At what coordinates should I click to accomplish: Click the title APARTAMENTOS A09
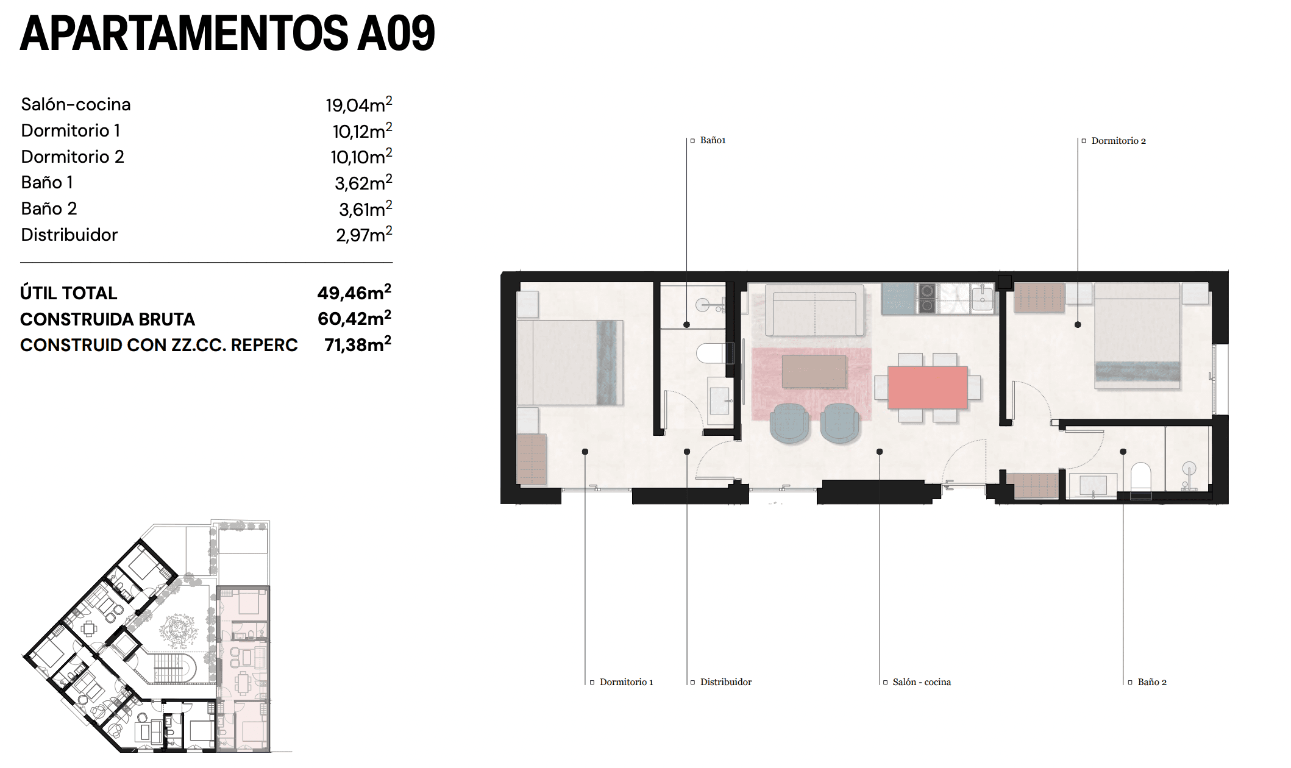tap(227, 34)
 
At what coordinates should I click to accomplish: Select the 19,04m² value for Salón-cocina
tap(358, 105)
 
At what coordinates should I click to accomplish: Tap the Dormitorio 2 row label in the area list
tap(73, 157)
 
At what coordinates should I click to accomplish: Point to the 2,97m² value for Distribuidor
tap(363, 235)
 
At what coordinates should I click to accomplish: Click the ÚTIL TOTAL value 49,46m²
tap(354, 293)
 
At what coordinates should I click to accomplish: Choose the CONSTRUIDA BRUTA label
tap(107, 319)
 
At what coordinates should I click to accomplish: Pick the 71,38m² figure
tap(357, 345)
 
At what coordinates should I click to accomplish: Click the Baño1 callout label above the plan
tap(713, 140)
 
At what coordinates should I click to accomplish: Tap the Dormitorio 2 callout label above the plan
tap(1118, 141)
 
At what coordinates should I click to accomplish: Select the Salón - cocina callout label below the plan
tap(921, 682)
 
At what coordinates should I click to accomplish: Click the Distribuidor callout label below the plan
tap(725, 682)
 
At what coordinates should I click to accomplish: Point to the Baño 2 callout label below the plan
tap(1151, 682)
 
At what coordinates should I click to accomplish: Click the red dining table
tap(927, 387)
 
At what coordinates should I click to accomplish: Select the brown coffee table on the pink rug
tap(814, 371)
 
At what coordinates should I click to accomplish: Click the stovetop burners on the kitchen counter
tap(926, 298)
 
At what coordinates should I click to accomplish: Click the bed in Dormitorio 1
tap(570, 363)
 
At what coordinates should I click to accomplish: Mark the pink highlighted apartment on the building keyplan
tap(243, 667)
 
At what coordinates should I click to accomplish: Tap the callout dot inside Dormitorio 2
tap(1078, 325)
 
